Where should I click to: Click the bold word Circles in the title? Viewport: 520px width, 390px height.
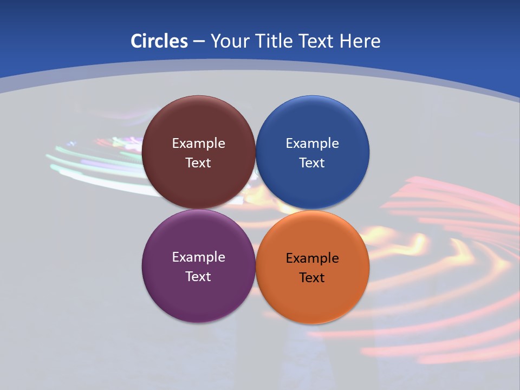click(159, 41)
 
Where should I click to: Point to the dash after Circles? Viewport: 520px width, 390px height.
click(199, 42)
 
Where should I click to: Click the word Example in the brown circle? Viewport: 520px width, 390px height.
click(198, 144)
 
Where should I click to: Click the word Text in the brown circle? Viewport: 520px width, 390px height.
click(198, 163)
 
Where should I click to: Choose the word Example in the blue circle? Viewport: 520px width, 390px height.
click(312, 144)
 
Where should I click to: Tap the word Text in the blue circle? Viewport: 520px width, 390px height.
click(312, 163)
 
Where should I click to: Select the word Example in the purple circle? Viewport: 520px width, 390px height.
click(198, 257)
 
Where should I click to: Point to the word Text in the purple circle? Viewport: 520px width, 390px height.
click(198, 277)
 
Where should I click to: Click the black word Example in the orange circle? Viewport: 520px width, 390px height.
click(312, 258)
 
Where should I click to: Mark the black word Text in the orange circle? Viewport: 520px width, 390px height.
click(312, 278)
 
